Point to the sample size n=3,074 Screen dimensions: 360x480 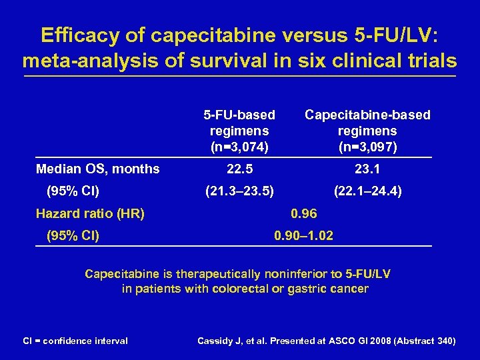[239, 146]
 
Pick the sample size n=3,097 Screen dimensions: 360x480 [367, 146]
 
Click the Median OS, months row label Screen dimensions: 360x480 [97, 169]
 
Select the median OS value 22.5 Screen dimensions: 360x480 [239, 169]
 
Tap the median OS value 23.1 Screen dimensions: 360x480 [367, 169]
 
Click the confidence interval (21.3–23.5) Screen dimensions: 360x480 [239, 192]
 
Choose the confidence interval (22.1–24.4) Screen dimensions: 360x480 [367, 192]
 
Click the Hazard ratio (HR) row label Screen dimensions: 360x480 [90, 214]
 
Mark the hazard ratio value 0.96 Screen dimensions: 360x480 [304, 214]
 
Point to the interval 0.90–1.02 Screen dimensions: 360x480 [304, 236]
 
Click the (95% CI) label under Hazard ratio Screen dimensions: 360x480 [73, 236]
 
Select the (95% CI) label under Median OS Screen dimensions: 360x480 [73, 192]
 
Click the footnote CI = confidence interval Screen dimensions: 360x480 [75, 341]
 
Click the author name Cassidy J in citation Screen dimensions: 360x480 [220, 341]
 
